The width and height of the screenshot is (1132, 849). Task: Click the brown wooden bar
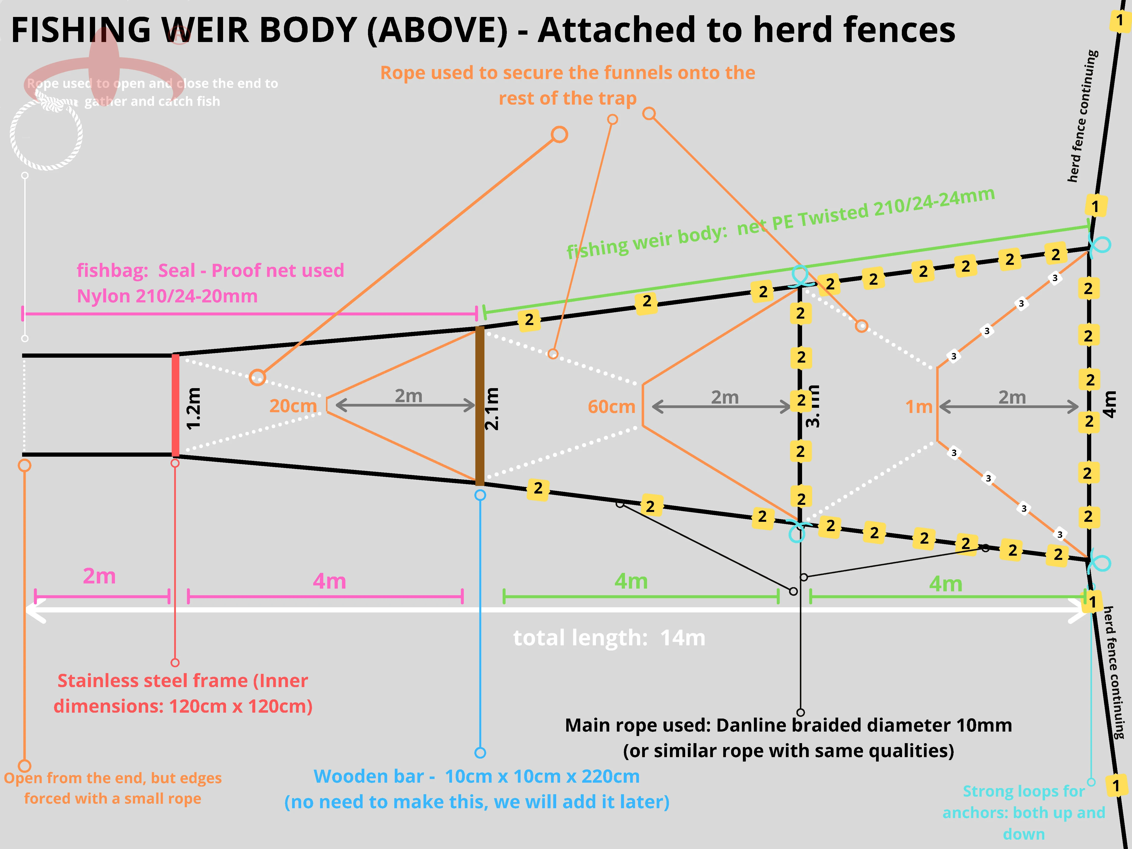[480, 406]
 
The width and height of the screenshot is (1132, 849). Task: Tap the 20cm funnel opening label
[293, 406]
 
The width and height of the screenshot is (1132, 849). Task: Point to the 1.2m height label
[193, 408]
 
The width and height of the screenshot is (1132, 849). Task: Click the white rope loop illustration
[46, 134]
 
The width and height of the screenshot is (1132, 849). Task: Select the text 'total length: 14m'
[609, 638]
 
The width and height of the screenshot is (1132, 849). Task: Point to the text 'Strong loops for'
[1023, 791]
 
